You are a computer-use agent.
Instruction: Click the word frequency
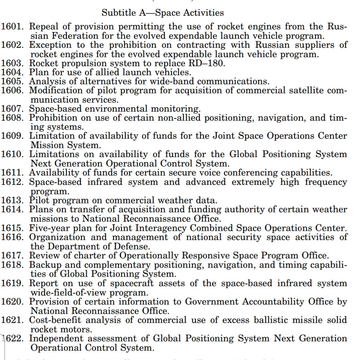(x=321, y=182)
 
